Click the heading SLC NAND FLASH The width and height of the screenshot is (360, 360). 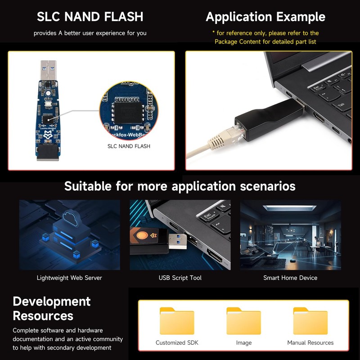coord(90,17)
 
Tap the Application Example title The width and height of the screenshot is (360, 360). coord(265,17)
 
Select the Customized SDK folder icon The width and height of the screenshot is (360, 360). coord(177,321)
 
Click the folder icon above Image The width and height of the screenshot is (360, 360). coord(243,321)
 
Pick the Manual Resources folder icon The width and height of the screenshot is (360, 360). coord(310,321)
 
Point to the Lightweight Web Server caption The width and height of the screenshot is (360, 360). coord(69,278)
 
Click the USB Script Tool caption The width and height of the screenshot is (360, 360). coord(180,278)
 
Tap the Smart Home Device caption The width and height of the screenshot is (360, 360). coord(290,278)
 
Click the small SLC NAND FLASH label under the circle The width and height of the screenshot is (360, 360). coord(129,146)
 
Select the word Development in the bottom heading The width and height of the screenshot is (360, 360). coord(51,301)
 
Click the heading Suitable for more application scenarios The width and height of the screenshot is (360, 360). coord(180,186)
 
